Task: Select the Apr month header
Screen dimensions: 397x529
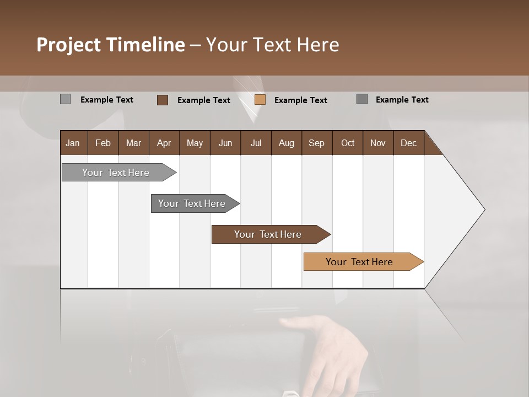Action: [x=164, y=143]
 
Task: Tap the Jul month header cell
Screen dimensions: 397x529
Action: [x=256, y=143]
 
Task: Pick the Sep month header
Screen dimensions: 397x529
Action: [x=316, y=143]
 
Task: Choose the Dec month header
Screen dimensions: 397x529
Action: [x=408, y=143]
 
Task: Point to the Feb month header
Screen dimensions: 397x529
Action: [x=103, y=143]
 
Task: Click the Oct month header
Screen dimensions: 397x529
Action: [x=348, y=143]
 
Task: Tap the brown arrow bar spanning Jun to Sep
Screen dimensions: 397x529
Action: [x=268, y=234]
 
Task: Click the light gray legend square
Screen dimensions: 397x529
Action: [x=65, y=99]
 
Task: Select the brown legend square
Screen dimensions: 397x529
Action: [x=162, y=100]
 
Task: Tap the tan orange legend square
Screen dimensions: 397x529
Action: [x=260, y=100]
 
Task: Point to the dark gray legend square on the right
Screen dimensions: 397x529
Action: [x=361, y=99]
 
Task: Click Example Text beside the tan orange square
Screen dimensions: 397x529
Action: [x=300, y=100]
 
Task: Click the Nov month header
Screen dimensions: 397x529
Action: [x=378, y=143]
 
